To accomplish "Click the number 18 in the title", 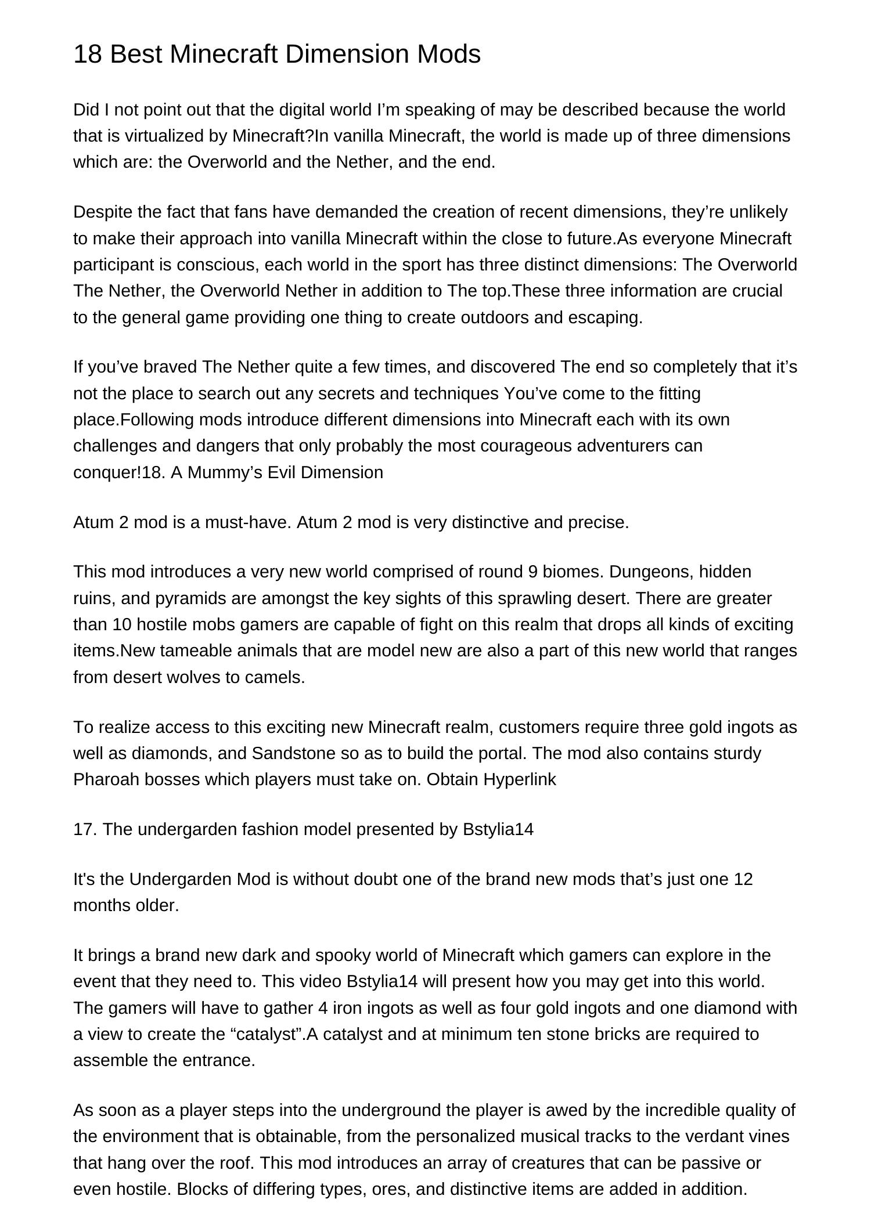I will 87,55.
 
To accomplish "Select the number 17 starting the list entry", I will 84,829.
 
